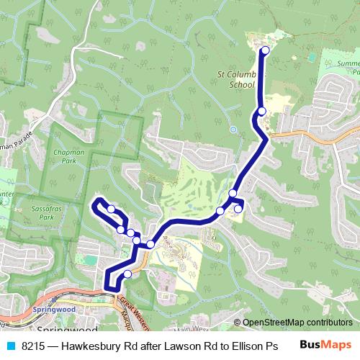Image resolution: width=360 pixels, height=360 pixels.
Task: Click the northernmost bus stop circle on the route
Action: pyautogui.click(x=265, y=50)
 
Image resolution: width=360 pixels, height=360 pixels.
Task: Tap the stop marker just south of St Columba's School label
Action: pyautogui.click(x=261, y=111)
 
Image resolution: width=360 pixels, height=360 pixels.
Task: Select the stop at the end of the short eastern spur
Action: pyautogui.click(x=238, y=209)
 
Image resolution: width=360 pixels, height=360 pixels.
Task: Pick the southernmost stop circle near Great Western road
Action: pyautogui.click(x=127, y=274)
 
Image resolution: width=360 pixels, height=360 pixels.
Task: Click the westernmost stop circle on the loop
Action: pyautogui.click(x=112, y=209)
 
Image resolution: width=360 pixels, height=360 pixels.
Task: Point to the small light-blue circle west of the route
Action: pyautogui.click(x=233, y=130)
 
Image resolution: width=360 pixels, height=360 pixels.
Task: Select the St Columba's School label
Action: pyautogui.click(x=237, y=78)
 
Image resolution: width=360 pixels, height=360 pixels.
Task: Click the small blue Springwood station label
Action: pyautogui.click(x=54, y=310)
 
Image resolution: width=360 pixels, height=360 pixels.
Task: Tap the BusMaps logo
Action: pyautogui.click(x=325, y=346)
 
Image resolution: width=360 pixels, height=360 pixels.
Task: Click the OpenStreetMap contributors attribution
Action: pyautogui.click(x=297, y=323)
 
